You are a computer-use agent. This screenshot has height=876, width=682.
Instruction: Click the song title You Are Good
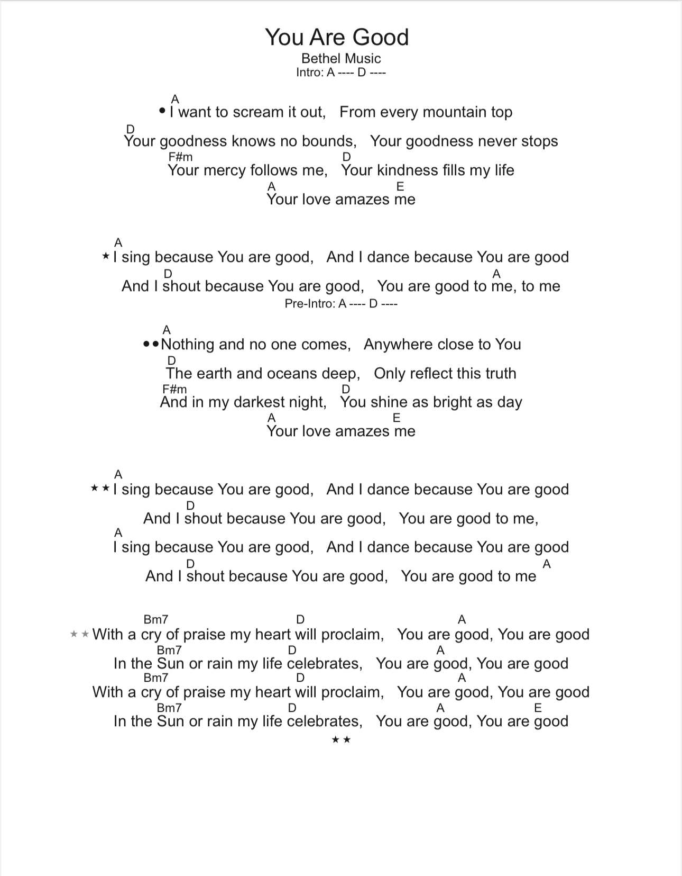[337, 37]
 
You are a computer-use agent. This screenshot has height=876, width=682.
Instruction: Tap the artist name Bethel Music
[341, 58]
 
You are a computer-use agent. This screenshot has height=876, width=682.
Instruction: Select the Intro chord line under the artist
[341, 73]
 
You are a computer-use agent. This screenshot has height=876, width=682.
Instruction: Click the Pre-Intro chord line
[341, 304]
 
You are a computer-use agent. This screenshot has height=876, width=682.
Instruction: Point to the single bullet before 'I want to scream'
[162, 111]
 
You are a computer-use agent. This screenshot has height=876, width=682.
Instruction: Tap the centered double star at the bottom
[341, 739]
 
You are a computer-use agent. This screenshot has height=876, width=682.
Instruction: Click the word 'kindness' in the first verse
[405, 170]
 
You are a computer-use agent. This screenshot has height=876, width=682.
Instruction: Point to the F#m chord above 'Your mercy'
[180, 157]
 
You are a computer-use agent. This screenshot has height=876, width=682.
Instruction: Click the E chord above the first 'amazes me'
[400, 186]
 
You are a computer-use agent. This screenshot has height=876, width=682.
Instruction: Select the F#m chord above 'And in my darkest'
[174, 389]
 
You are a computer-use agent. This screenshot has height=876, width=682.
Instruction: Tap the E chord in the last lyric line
[538, 708]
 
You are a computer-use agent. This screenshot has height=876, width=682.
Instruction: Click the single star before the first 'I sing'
[106, 257]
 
